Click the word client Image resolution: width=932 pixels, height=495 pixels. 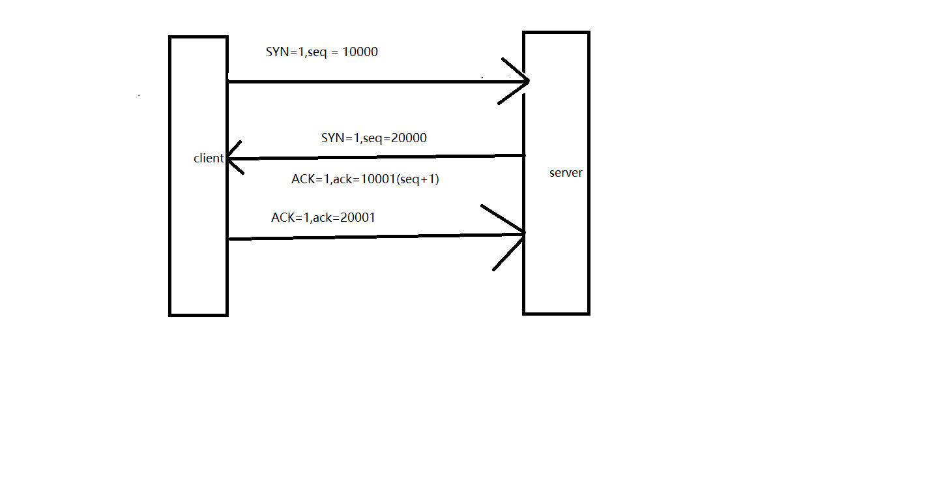[x=209, y=158]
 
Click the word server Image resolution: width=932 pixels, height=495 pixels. [x=566, y=173]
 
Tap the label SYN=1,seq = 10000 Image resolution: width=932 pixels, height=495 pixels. [x=322, y=52]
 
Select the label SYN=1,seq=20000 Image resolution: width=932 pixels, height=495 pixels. [x=374, y=138]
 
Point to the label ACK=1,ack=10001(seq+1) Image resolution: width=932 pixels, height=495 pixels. [x=365, y=179]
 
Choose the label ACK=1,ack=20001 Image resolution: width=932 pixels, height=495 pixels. [x=323, y=218]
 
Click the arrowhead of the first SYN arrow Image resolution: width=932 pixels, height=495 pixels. [x=521, y=81]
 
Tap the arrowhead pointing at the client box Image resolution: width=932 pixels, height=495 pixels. [x=232, y=158]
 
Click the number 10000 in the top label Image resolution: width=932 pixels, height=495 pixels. [x=360, y=52]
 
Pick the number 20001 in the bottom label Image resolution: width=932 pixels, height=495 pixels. [x=358, y=218]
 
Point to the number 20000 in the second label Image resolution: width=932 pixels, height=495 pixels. [x=409, y=138]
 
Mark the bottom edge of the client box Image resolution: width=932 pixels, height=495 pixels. [x=198, y=314]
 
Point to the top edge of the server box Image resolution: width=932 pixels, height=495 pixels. [x=556, y=33]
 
